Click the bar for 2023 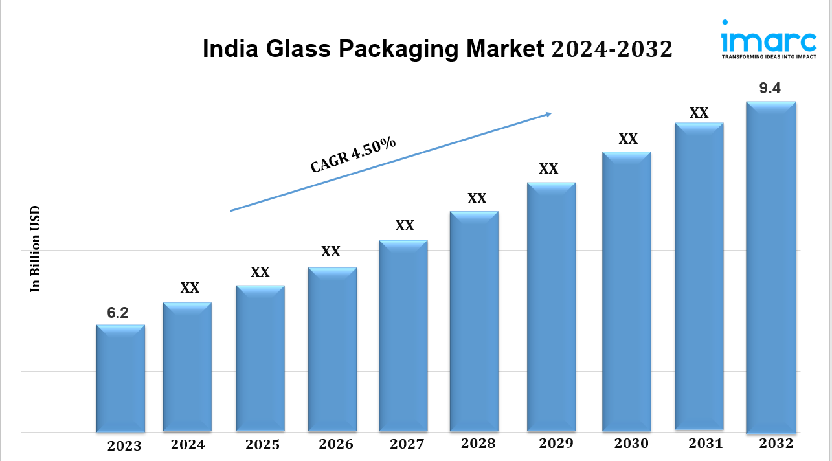tap(120, 378)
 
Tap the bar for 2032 tap(770, 267)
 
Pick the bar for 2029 tap(551, 307)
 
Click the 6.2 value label tap(118, 313)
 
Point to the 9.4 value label tap(769, 89)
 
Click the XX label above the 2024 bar tap(190, 288)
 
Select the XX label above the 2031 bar tap(699, 113)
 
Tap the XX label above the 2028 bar tap(477, 199)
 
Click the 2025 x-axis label tap(262, 445)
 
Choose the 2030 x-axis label tap(631, 444)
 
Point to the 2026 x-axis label tap(336, 444)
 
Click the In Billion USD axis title tap(36, 249)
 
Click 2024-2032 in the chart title tap(612, 50)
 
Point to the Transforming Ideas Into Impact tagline tap(769, 57)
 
